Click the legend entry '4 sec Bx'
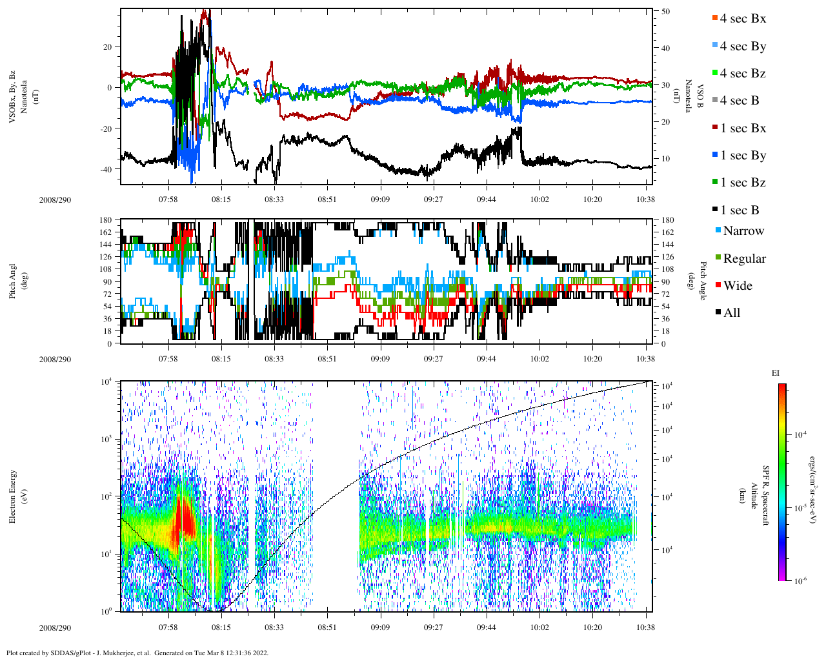742,19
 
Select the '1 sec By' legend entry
742,156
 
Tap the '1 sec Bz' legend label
742,183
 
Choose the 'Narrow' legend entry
743,231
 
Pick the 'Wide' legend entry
737,286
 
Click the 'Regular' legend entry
743,259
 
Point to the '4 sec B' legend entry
739,101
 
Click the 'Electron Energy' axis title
13,496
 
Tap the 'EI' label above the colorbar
776,373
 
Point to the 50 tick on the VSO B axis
665,12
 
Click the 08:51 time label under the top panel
327,199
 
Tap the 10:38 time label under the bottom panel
645,627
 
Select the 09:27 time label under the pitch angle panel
433,359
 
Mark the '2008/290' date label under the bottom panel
55,627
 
